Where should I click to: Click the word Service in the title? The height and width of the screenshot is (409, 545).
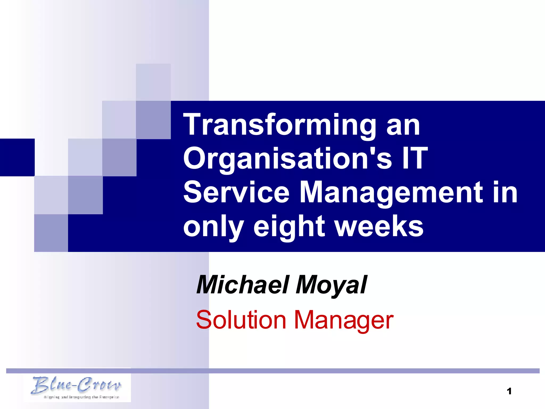tap(236, 192)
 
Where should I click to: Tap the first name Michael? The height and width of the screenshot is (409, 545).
tap(242, 285)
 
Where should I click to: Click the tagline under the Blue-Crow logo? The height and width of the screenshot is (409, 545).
tap(81, 397)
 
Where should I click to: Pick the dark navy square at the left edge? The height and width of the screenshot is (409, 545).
tap(17, 157)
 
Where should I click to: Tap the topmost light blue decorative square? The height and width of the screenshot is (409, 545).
tap(153, 82)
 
